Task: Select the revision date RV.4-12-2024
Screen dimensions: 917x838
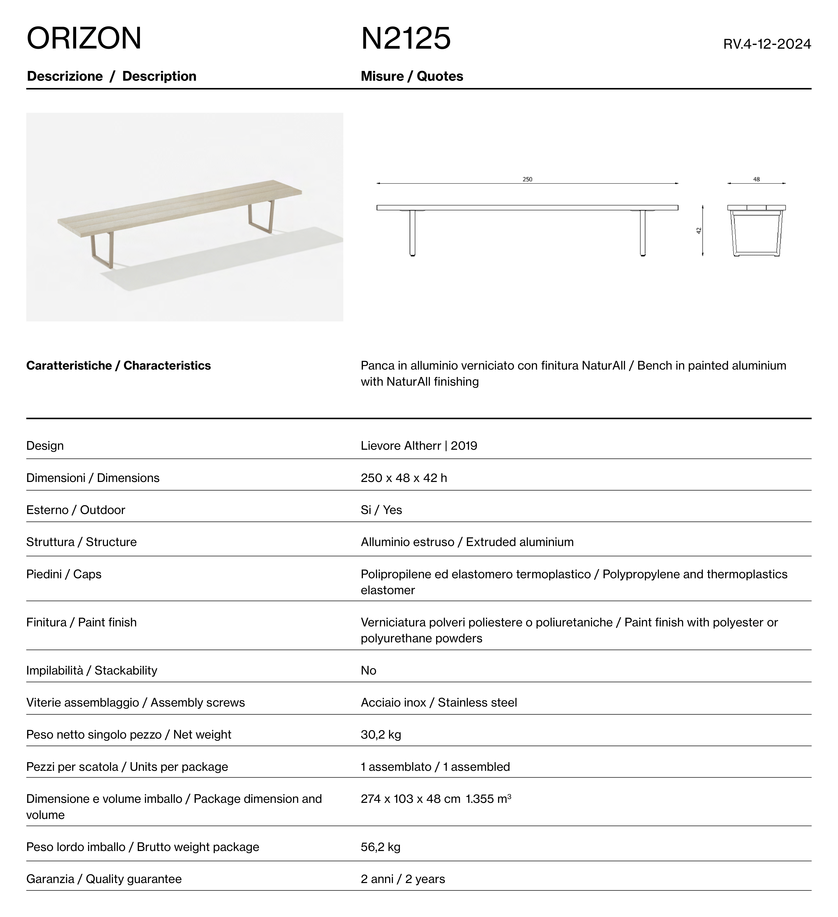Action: pos(767,44)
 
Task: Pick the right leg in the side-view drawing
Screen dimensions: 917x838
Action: pos(643,233)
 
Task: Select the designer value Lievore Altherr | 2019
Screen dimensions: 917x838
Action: pos(419,446)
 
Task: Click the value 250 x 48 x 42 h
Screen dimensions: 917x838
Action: pos(404,478)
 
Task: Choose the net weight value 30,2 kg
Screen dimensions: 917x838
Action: pos(381,735)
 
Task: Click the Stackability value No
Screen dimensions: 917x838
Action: pos(368,671)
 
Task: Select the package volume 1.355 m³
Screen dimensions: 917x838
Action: pos(488,799)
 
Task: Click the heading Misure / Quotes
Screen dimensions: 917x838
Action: pos(412,76)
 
